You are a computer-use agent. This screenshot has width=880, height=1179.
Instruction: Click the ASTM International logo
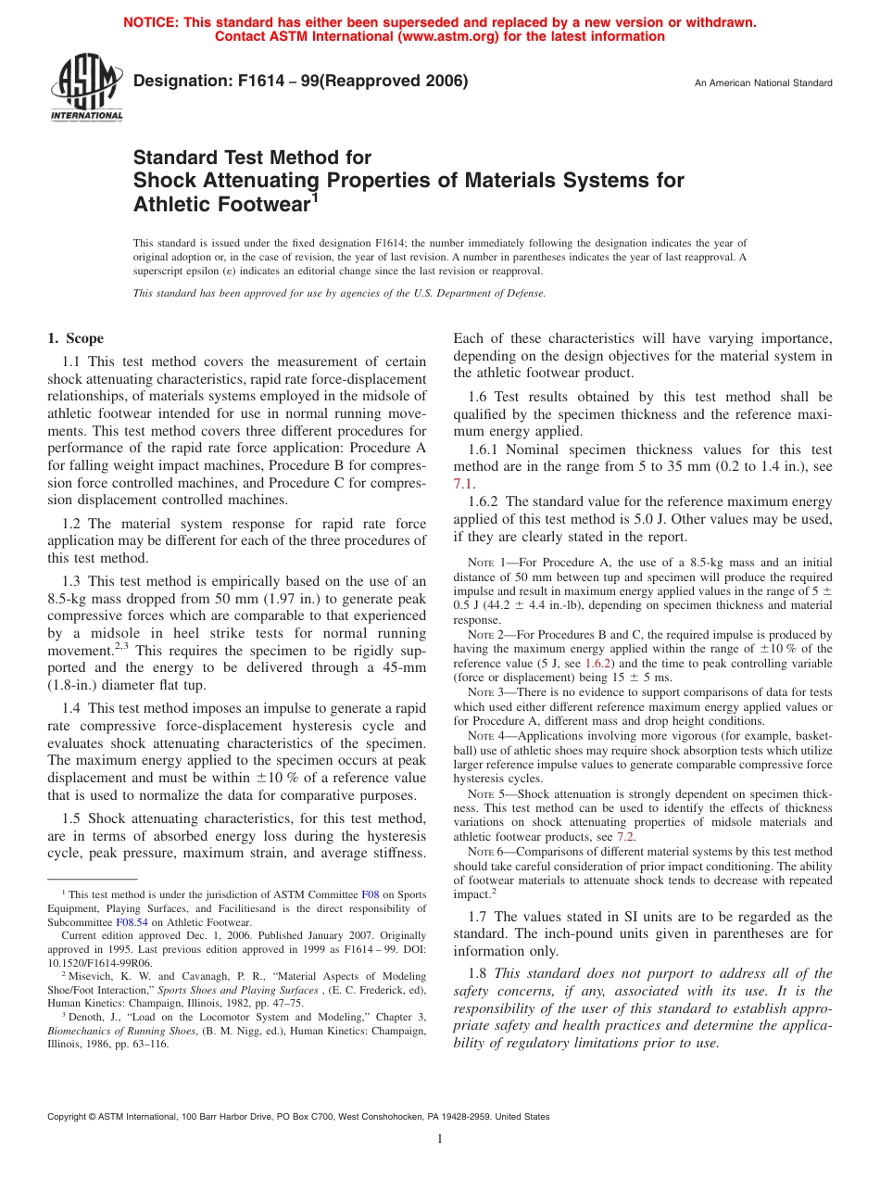click(x=85, y=89)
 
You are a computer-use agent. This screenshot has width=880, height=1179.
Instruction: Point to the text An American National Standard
click(x=763, y=83)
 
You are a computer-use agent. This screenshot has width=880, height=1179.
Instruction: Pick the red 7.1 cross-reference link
click(x=463, y=484)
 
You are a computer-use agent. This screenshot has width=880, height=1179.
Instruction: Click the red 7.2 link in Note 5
click(x=626, y=836)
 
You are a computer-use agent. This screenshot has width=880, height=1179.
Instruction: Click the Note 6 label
click(x=484, y=852)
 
